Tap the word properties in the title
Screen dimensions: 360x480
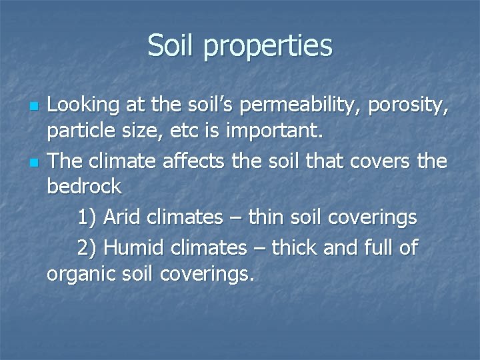pos(269,47)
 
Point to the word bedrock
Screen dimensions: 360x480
pos(85,187)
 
